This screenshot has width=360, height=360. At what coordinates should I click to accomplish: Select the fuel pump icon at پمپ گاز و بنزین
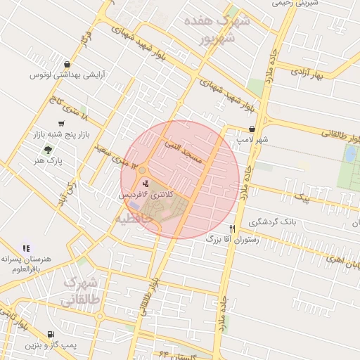[49, 335]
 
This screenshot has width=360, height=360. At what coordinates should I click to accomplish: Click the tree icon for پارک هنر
[48, 150]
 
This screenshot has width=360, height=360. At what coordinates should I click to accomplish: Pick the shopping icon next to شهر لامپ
[252, 129]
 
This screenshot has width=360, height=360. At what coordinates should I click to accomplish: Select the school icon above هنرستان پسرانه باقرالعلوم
[26, 248]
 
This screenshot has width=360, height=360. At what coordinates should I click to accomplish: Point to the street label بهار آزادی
[309, 73]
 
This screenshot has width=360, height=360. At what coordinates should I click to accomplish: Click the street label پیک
[303, 200]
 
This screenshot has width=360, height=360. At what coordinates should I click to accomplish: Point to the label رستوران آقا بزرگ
[208, 239]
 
